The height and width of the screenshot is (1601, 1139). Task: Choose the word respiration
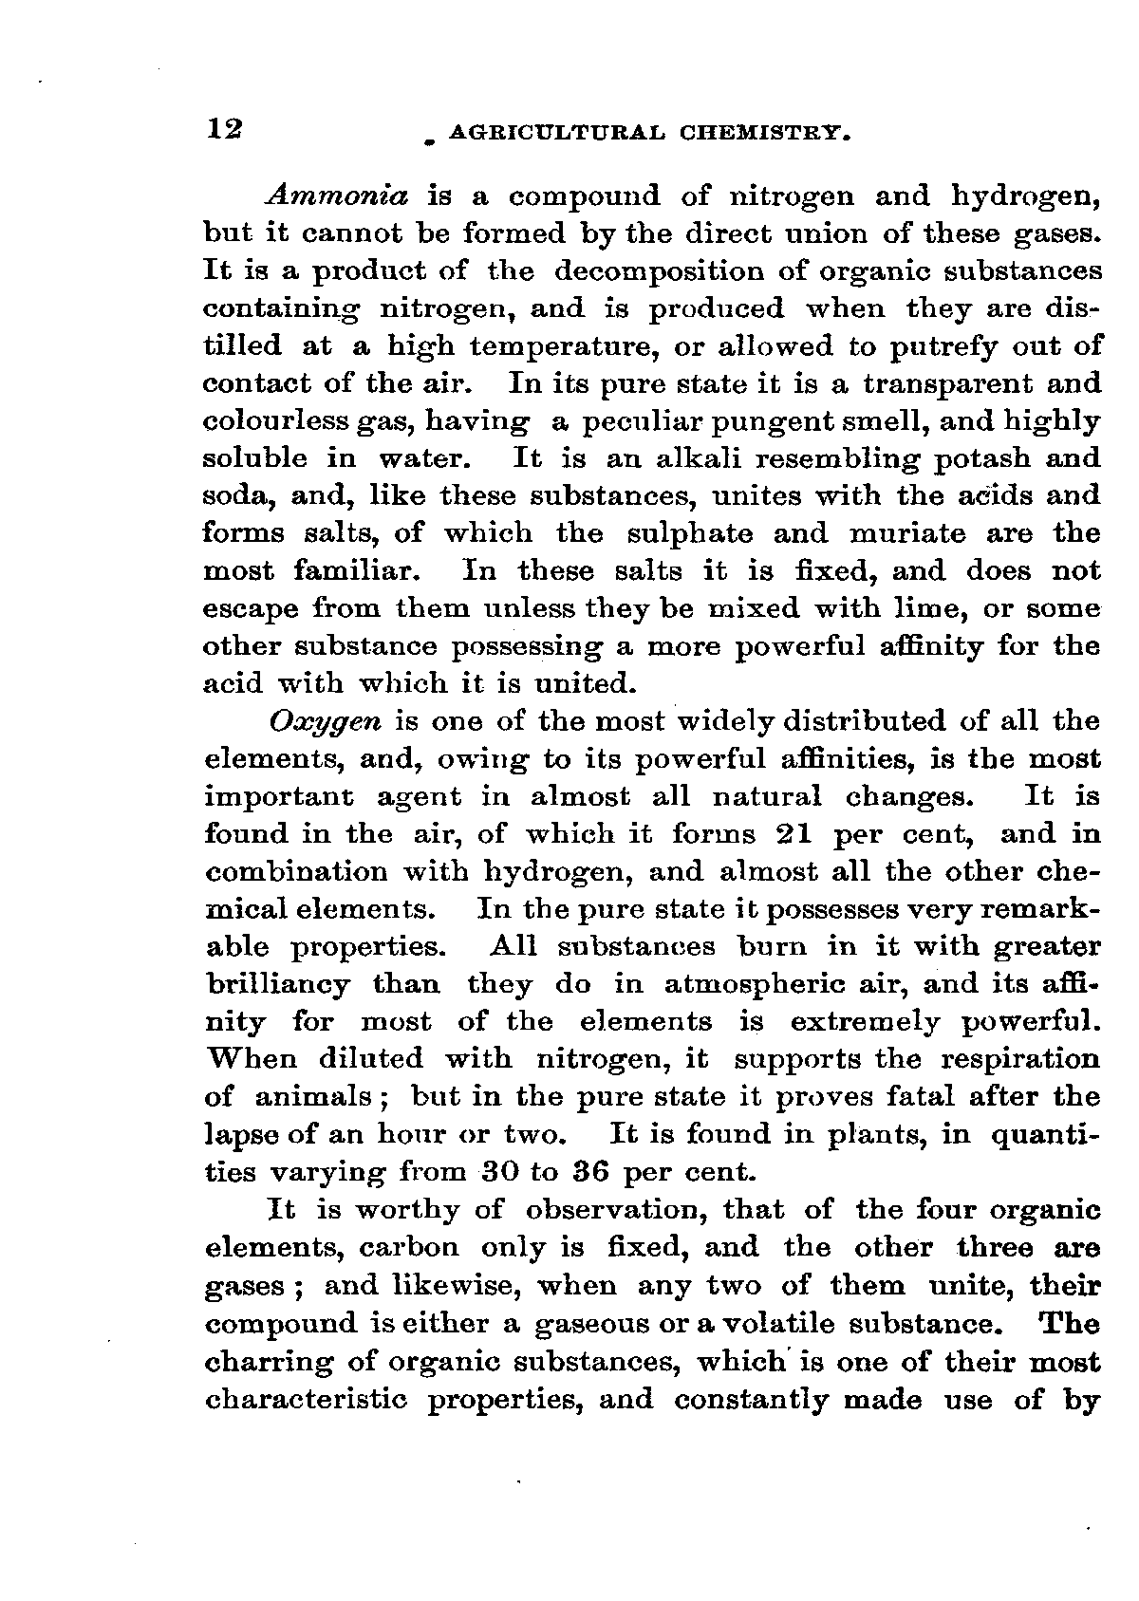click(1021, 1060)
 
